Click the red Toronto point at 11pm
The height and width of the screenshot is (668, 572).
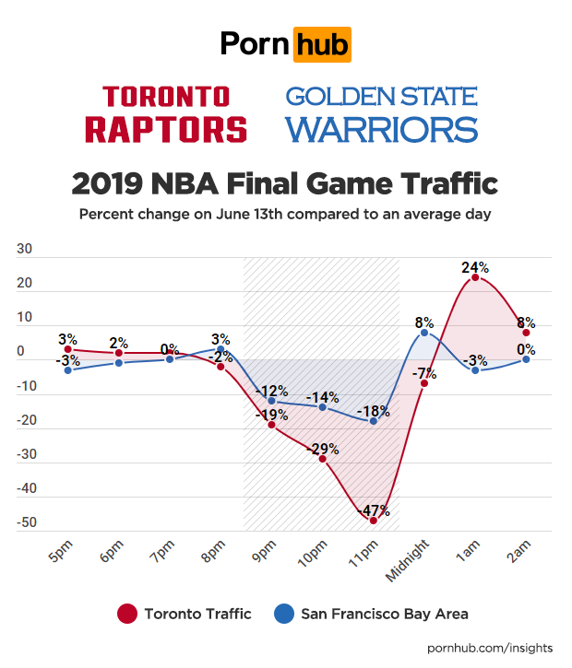click(374, 521)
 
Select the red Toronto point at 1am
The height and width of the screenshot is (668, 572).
click(474, 277)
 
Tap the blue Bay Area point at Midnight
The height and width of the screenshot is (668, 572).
click(424, 332)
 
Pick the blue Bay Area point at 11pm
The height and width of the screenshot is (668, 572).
click(374, 421)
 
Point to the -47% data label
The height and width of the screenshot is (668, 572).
click(375, 510)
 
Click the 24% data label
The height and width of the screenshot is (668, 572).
click(475, 267)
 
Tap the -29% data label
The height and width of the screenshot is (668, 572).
click(324, 449)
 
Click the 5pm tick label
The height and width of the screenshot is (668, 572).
click(58, 555)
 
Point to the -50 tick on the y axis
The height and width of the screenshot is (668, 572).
click(26, 523)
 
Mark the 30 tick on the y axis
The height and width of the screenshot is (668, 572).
click(26, 249)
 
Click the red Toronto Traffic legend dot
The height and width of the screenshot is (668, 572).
click(128, 613)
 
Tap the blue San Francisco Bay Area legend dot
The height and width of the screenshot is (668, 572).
click(285, 613)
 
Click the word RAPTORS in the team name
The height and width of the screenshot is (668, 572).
click(166, 128)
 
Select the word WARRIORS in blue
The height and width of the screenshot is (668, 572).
click(381, 129)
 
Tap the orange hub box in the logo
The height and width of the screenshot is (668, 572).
click(321, 43)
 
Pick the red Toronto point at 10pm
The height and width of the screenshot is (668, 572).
click(323, 458)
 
